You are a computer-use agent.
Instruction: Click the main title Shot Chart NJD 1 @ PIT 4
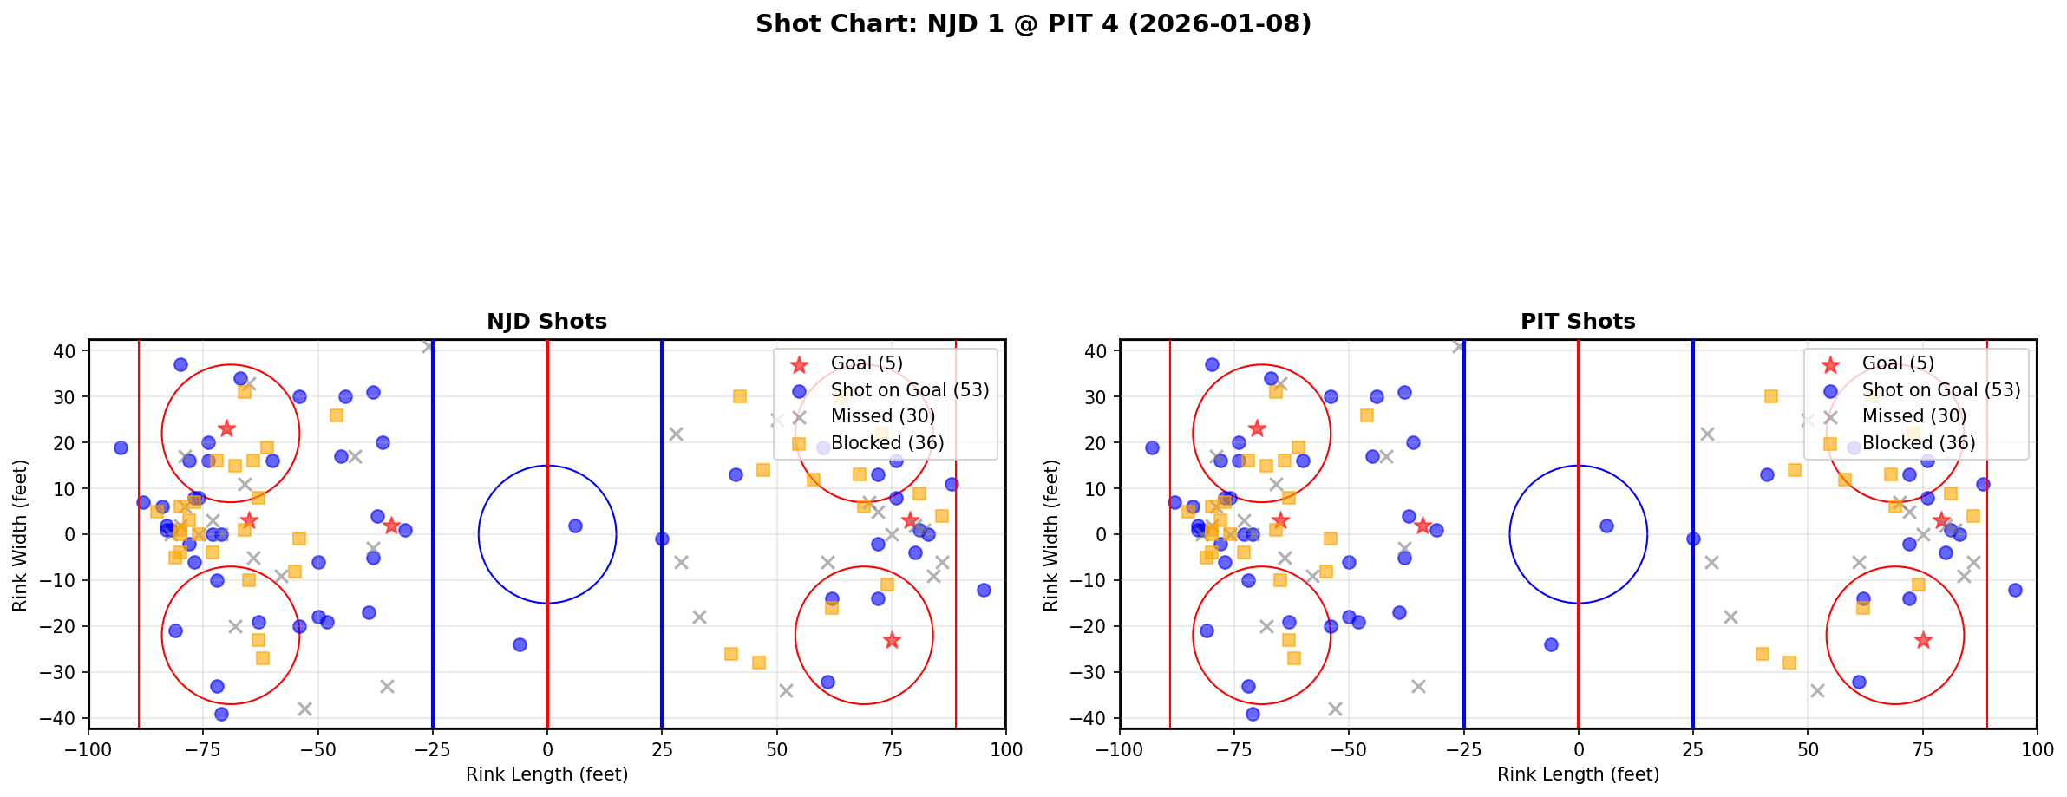(1033, 23)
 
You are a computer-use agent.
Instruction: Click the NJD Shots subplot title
(546, 322)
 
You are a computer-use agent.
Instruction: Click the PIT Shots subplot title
(1578, 322)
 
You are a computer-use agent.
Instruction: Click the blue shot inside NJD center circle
(575, 526)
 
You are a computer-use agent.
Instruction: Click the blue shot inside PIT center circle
(1606, 526)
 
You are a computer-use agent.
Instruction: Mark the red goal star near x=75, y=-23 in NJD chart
(892, 640)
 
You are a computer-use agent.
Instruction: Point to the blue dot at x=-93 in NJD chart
(121, 447)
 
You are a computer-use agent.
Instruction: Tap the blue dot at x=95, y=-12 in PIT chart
(2015, 590)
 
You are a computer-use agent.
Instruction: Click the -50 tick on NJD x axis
(317, 748)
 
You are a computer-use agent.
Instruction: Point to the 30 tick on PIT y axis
(1099, 396)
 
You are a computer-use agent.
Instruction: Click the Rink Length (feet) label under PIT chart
(1578, 774)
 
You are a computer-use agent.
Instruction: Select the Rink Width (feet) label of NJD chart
(20, 535)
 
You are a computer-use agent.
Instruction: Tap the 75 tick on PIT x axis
(1922, 748)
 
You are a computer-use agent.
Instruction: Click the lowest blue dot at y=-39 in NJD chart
(221, 714)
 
